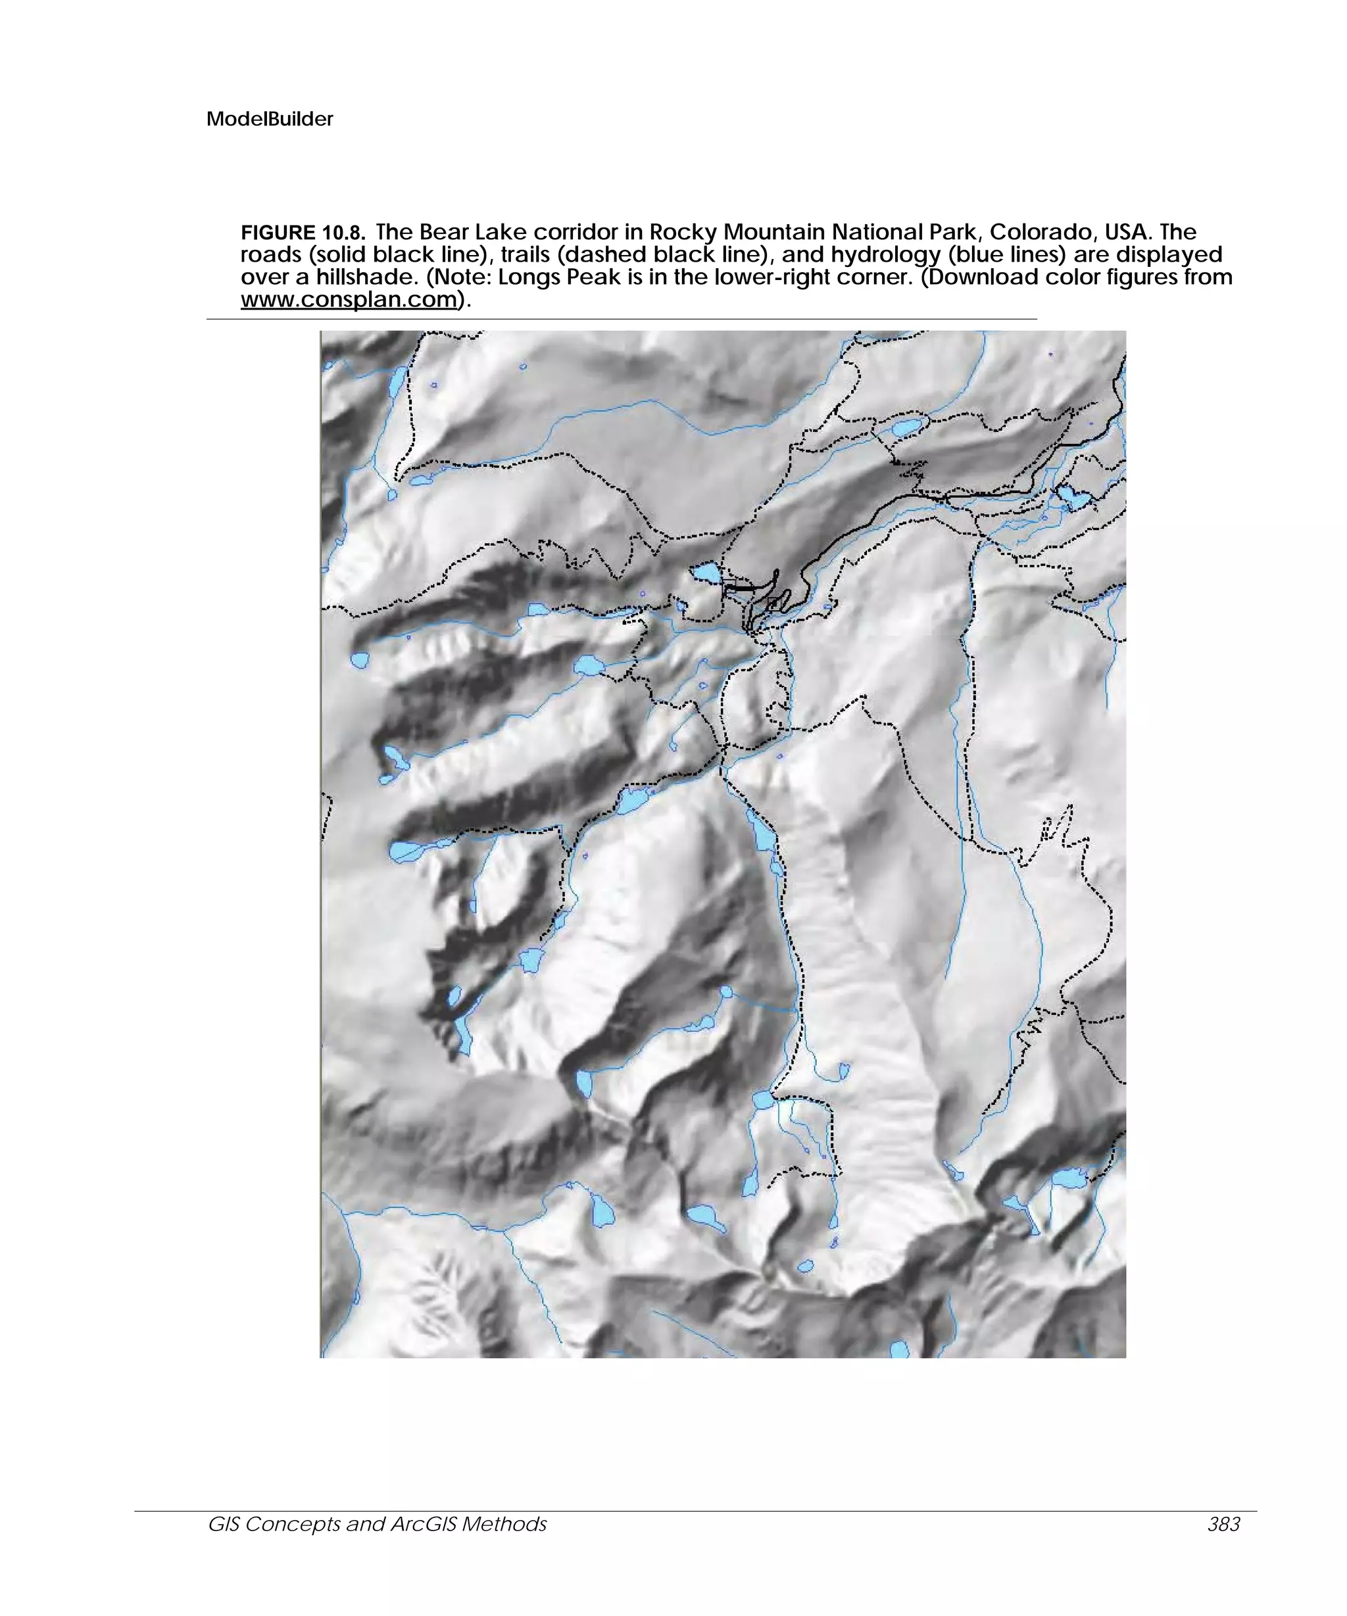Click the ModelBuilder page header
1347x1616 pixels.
(270, 119)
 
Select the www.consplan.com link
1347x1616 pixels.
(349, 299)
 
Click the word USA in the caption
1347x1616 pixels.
(1127, 232)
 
